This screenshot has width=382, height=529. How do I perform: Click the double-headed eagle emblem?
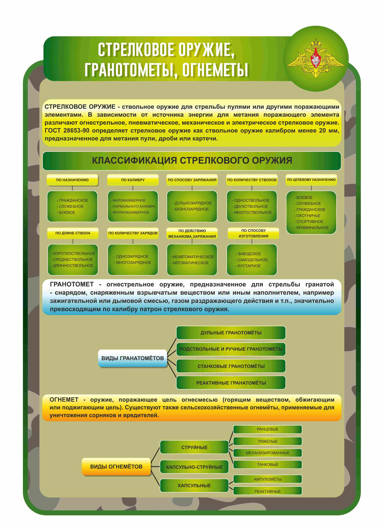click(316, 59)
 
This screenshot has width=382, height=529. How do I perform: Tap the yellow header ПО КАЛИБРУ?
click(133, 180)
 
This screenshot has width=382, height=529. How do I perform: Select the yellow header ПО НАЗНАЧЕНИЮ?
click(72, 180)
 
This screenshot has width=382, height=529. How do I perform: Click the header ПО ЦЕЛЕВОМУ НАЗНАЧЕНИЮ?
click(311, 180)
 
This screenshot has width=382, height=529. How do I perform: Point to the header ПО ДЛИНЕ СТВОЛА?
click(73, 233)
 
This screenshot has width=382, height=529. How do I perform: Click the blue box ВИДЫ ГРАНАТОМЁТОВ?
click(133, 358)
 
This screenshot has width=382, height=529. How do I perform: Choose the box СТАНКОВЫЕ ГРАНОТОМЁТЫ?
click(231, 366)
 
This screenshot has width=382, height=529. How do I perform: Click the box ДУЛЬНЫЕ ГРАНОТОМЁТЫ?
click(231, 333)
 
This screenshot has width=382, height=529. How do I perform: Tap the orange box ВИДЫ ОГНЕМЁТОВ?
click(116, 467)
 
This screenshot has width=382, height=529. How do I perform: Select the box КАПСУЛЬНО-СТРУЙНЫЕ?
click(194, 467)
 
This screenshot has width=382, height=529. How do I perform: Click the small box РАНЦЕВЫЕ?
click(268, 429)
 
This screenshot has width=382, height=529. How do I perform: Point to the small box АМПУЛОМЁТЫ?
click(268, 479)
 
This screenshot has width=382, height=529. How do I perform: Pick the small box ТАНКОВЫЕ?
click(268, 464)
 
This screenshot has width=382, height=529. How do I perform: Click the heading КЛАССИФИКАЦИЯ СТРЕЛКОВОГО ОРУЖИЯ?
click(192, 161)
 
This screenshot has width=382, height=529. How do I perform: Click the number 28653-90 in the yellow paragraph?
click(76, 130)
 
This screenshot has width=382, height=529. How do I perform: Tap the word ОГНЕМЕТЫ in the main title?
click(215, 70)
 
